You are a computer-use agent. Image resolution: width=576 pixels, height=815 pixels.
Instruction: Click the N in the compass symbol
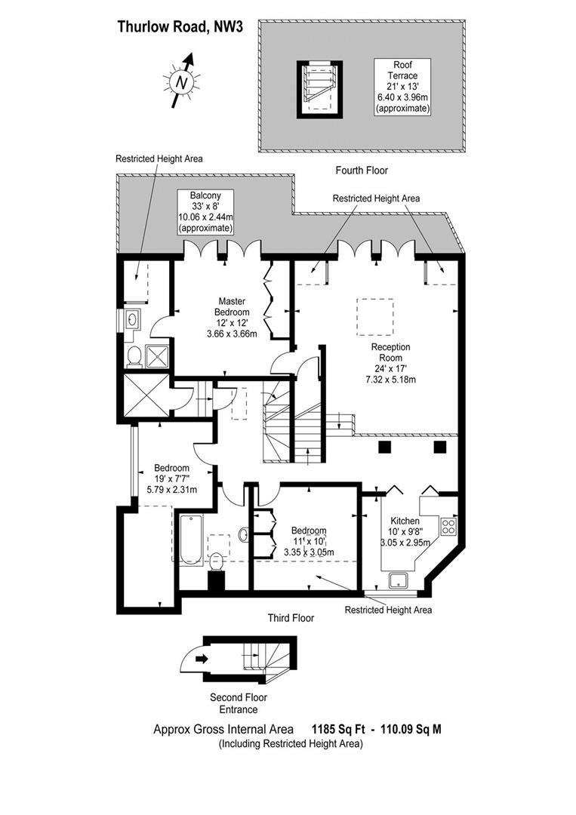coord(181,82)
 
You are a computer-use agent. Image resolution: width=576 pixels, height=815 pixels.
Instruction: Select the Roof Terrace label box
coord(402,87)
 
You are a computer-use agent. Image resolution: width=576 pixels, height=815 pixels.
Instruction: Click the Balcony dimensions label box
coord(205,211)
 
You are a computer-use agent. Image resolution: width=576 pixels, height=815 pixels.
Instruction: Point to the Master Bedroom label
coord(232,306)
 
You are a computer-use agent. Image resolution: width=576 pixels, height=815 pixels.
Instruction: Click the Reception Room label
coord(390,352)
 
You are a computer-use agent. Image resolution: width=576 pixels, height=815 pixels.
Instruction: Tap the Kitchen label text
coord(405,521)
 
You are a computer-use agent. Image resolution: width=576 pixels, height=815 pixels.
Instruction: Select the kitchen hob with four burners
coord(448,527)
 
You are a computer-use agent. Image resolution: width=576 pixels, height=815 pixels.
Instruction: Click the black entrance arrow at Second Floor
coord(201,659)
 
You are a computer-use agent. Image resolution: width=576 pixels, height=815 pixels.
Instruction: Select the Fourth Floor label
coord(362,171)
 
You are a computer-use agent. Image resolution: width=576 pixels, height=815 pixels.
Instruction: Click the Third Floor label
coord(291,618)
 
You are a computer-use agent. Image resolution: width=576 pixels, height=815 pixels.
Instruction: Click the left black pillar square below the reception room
coord(385,447)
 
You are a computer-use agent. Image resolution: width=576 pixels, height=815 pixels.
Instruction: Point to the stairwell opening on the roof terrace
coord(320,89)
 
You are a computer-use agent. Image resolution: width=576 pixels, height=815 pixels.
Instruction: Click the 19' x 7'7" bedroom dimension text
coord(172,478)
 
